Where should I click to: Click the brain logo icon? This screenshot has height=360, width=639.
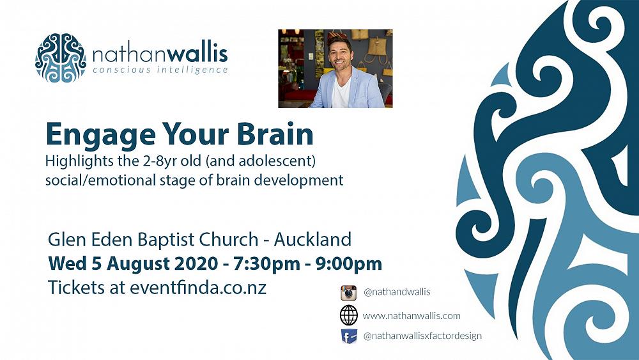pyautogui.click(x=60, y=58)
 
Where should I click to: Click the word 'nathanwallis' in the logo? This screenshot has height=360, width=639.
pyautogui.click(x=160, y=52)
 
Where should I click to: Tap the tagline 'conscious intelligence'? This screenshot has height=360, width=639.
pyautogui.click(x=160, y=70)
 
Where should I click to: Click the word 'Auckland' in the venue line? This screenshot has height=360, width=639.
pyautogui.click(x=312, y=240)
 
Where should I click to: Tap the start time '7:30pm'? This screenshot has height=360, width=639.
pyautogui.click(x=270, y=263)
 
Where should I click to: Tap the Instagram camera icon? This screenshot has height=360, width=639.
pyautogui.click(x=348, y=293)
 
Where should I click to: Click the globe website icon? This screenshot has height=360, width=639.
pyautogui.click(x=348, y=315)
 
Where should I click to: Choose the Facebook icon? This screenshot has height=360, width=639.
pyautogui.click(x=348, y=336)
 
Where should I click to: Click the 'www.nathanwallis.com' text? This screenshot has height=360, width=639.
pyautogui.click(x=412, y=315)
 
